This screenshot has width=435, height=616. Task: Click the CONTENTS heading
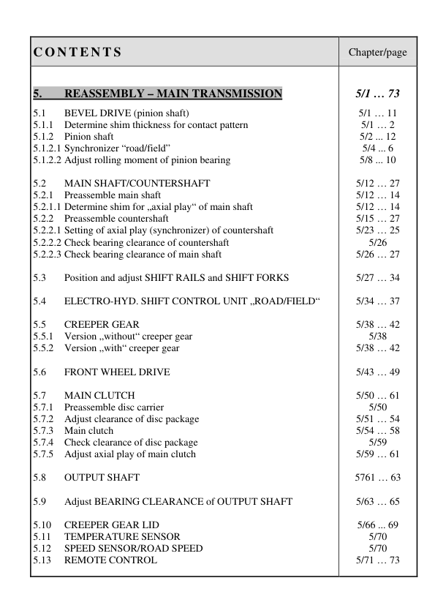pyautogui.click(x=77, y=53)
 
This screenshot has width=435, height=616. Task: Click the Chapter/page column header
pyautogui.click(x=377, y=53)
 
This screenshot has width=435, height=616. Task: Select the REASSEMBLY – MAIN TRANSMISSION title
pyautogui.click(x=173, y=94)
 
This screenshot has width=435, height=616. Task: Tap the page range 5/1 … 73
pyautogui.click(x=377, y=94)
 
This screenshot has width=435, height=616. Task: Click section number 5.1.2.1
pyautogui.click(x=48, y=149)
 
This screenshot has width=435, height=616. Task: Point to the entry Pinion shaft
pyautogui.click(x=88, y=137)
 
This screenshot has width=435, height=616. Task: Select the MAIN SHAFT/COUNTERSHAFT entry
pyautogui.click(x=137, y=184)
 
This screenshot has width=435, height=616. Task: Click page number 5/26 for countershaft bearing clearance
pyautogui.click(x=377, y=243)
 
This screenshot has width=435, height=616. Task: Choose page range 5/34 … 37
pyautogui.click(x=377, y=301)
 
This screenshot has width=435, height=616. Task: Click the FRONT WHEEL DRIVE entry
pyautogui.click(x=117, y=372)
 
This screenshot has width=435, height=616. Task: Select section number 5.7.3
pyautogui.click(x=45, y=431)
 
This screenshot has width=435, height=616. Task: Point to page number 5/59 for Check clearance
pyautogui.click(x=377, y=443)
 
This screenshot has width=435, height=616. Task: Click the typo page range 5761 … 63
pyautogui.click(x=377, y=478)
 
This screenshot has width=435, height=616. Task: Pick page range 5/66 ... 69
pyautogui.click(x=377, y=525)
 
